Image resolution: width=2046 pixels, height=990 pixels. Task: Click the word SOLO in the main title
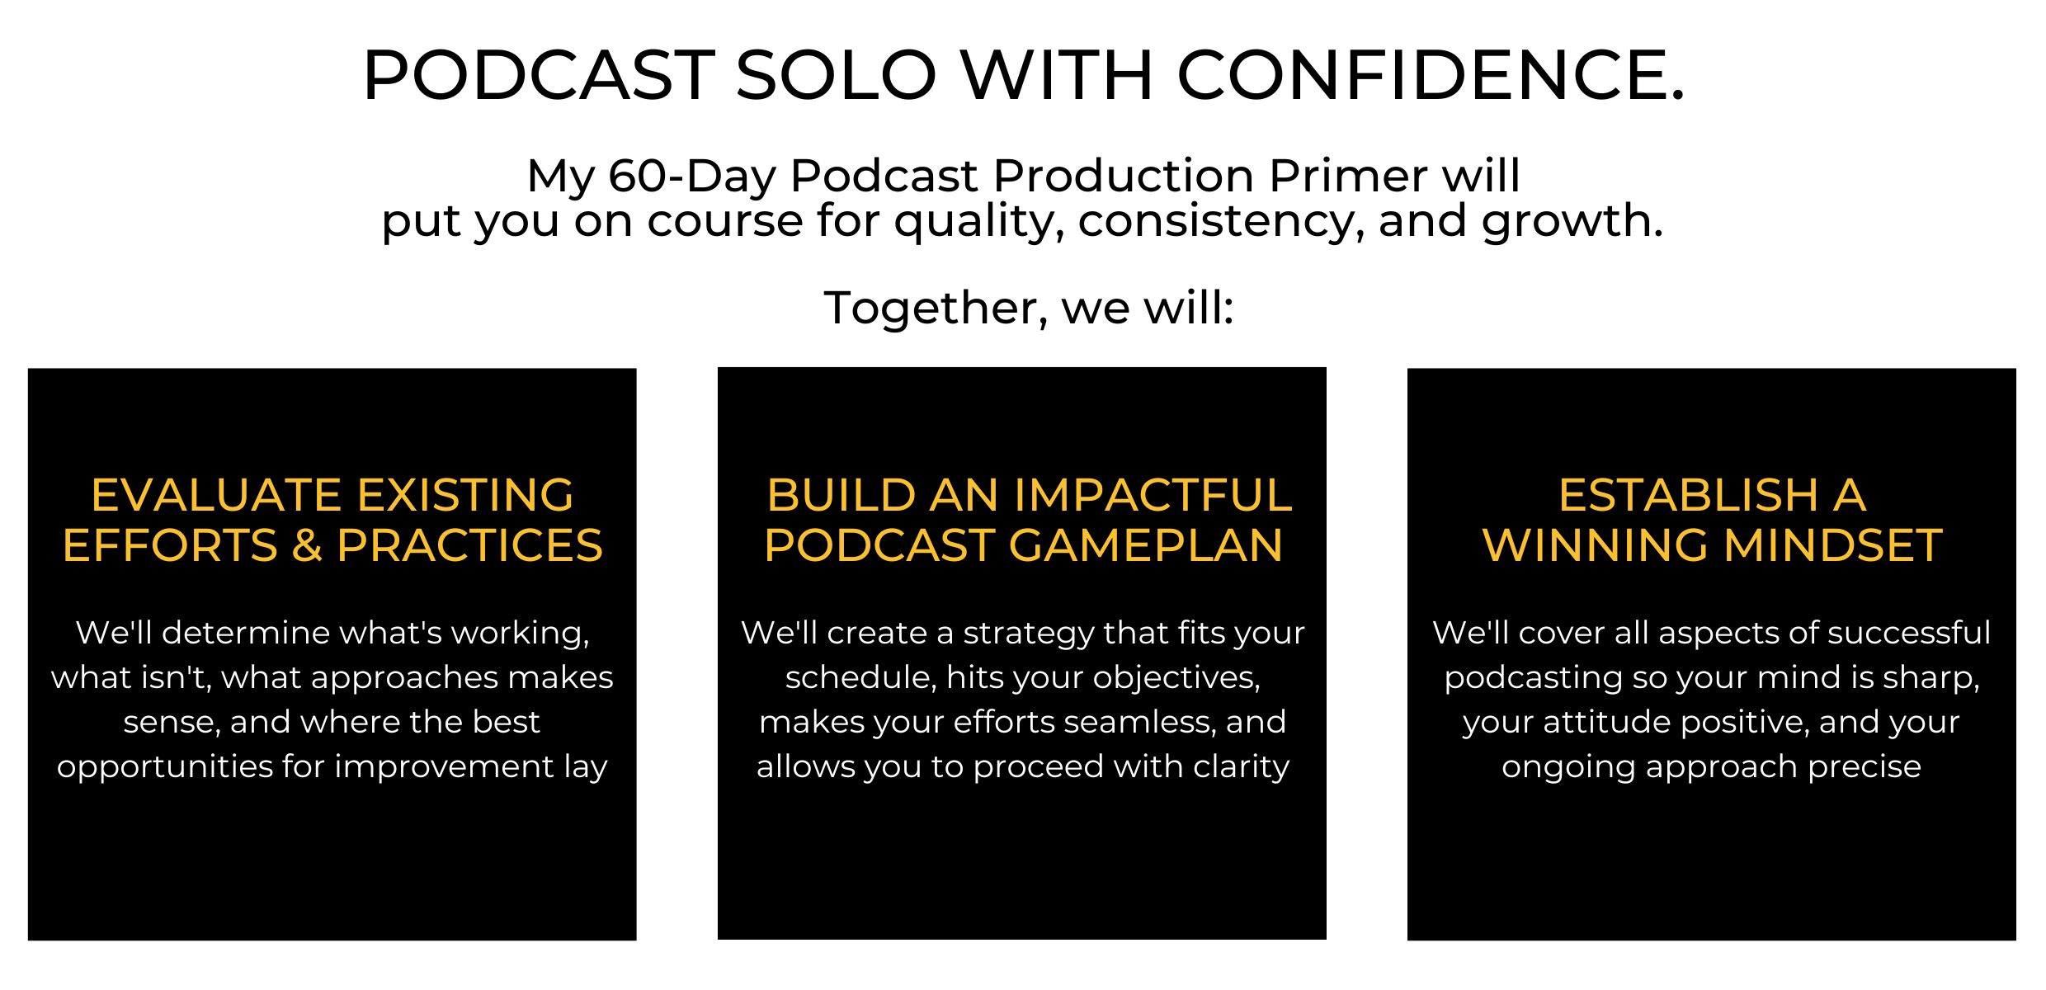coord(836,75)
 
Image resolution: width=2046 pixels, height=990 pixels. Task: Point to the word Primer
coord(1347,175)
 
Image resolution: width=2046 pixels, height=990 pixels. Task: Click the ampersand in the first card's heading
coord(306,545)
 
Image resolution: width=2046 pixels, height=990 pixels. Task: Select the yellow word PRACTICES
coord(469,545)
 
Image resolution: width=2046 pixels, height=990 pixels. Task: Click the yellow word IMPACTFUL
coord(1153,495)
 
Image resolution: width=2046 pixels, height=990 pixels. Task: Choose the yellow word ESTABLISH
coord(1688,495)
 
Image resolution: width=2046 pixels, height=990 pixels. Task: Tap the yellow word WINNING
coord(1594,545)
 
